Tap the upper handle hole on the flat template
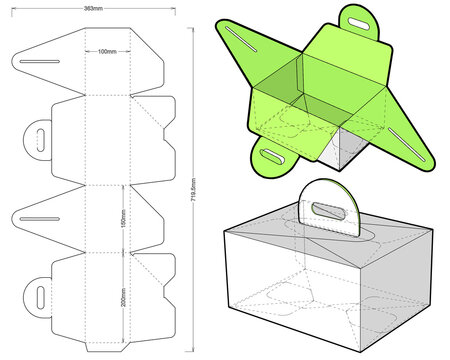[x=42, y=135]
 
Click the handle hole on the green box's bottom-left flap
[x=272, y=155]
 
